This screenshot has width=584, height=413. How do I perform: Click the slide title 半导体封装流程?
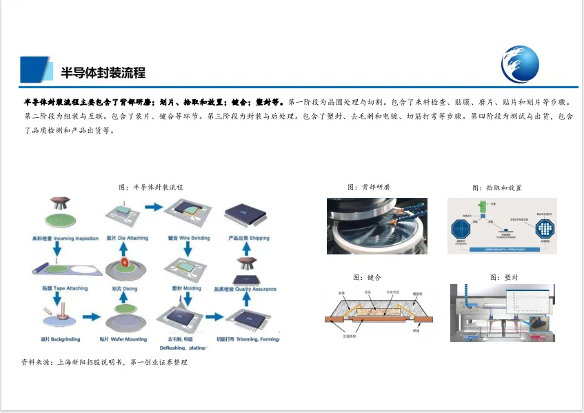coord(103,72)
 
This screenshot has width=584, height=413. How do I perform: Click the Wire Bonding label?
coord(189,239)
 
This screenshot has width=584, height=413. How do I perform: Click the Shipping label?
coord(249,239)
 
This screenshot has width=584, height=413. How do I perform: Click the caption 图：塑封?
coord(504,277)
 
